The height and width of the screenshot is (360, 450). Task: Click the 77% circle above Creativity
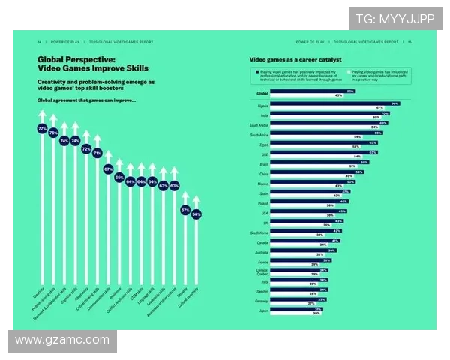coord(42,129)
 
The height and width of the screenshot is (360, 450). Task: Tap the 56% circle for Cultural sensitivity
coord(196,214)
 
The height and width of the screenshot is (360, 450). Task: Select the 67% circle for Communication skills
coord(108,169)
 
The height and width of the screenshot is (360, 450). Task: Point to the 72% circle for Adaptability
coord(85,148)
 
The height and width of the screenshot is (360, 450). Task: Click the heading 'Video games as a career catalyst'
coord(295,58)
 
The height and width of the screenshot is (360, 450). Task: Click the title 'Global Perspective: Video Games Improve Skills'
coord(76,63)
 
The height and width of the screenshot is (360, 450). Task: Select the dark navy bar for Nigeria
coord(334,103)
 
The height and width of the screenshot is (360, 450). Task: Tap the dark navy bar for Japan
coord(295,309)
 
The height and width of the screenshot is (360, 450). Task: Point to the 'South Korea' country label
coord(259,233)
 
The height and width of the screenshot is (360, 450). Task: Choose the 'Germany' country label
coord(259,298)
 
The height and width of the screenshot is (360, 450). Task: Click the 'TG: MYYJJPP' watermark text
coord(394,18)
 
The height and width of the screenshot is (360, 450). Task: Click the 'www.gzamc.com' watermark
coord(62,340)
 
